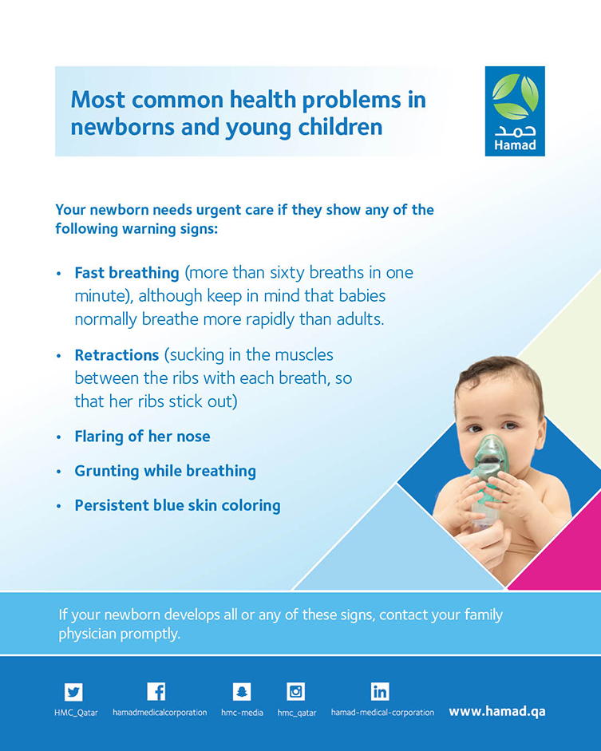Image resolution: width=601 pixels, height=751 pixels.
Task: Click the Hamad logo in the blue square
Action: pyautogui.click(x=515, y=111)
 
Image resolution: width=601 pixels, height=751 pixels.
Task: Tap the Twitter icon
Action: pyautogui.click(x=73, y=692)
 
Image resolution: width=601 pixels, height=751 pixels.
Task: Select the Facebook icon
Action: pyautogui.click(x=156, y=691)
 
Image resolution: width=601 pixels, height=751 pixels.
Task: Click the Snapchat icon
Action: pyautogui.click(x=241, y=692)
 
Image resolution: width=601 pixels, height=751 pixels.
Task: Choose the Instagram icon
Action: pyautogui.click(x=295, y=692)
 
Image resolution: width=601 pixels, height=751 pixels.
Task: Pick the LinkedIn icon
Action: pyautogui.click(x=380, y=692)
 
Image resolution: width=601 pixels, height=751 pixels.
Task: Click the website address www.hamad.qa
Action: pyautogui.click(x=496, y=712)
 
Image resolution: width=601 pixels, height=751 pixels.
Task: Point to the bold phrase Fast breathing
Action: pyautogui.click(x=127, y=272)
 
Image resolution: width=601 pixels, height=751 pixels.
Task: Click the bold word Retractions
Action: pyautogui.click(x=117, y=355)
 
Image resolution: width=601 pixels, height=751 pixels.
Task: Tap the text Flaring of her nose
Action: pyautogui.click(x=142, y=437)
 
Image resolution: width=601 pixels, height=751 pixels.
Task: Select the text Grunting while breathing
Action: pyautogui.click(x=165, y=471)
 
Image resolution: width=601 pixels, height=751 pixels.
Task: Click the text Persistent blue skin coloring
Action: pyautogui.click(x=178, y=505)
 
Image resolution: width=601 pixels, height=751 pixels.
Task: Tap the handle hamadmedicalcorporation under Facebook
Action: pyautogui.click(x=160, y=713)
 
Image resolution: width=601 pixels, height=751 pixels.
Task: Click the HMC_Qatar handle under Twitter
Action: pyautogui.click(x=76, y=713)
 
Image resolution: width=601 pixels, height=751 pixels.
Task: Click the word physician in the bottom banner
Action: pyautogui.click(x=88, y=634)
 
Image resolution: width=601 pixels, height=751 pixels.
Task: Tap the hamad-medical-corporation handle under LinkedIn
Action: pyautogui.click(x=382, y=713)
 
